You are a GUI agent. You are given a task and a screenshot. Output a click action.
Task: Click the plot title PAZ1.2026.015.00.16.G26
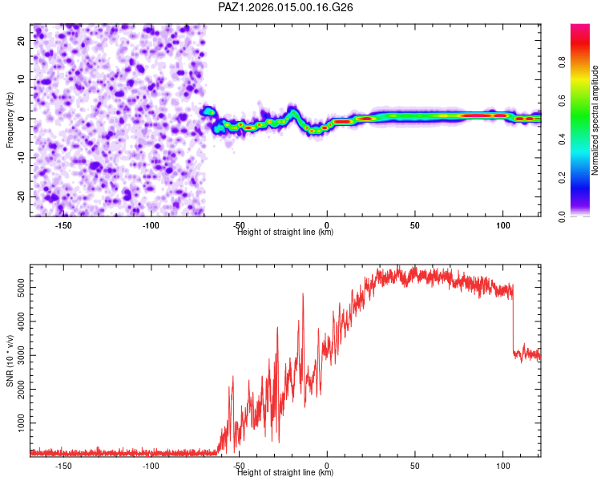coord(286,7)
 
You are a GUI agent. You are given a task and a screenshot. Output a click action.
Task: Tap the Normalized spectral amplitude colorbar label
coord(595,120)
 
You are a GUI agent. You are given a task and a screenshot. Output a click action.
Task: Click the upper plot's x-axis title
coord(285,232)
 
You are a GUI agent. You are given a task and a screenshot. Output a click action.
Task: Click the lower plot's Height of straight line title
coord(285,473)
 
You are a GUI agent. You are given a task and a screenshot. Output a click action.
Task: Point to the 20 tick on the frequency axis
coord(22,39)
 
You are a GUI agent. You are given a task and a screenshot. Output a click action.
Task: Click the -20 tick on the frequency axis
coord(20,196)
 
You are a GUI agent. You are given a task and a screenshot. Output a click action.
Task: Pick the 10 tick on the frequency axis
coord(22,79)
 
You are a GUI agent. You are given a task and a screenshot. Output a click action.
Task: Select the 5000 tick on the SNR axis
coord(17,286)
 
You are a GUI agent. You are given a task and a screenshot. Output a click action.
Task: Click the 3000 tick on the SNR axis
coord(17,354)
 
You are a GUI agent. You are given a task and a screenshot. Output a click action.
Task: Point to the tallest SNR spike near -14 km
coord(303,294)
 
